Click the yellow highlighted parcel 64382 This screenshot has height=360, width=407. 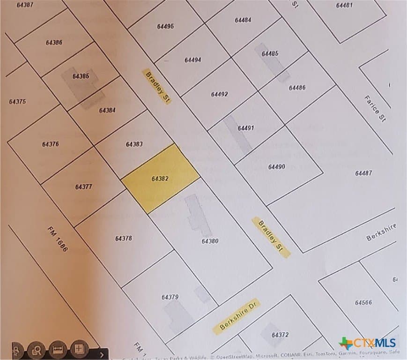click(x=161, y=178)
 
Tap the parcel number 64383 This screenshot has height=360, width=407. click(x=134, y=144)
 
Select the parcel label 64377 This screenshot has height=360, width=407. click(x=83, y=187)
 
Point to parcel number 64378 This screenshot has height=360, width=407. click(x=123, y=238)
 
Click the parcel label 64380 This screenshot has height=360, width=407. click(x=210, y=241)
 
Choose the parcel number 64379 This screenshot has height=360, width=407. click(x=170, y=297)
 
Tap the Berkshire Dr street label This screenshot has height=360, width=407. click(x=236, y=316)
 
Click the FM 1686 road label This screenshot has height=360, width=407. click(x=58, y=239)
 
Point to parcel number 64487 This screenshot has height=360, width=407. click(x=363, y=173)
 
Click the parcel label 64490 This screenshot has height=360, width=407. click(x=276, y=166)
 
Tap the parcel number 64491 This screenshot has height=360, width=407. click(x=245, y=128)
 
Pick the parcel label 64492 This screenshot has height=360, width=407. click(x=219, y=94)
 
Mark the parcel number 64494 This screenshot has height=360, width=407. click(x=192, y=60)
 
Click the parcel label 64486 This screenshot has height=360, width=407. click(x=297, y=88)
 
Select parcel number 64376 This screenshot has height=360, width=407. click(x=50, y=144)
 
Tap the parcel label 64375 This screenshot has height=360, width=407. click(x=17, y=102)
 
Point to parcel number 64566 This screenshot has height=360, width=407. click(x=363, y=302)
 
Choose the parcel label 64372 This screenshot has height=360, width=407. click(x=280, y=335)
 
